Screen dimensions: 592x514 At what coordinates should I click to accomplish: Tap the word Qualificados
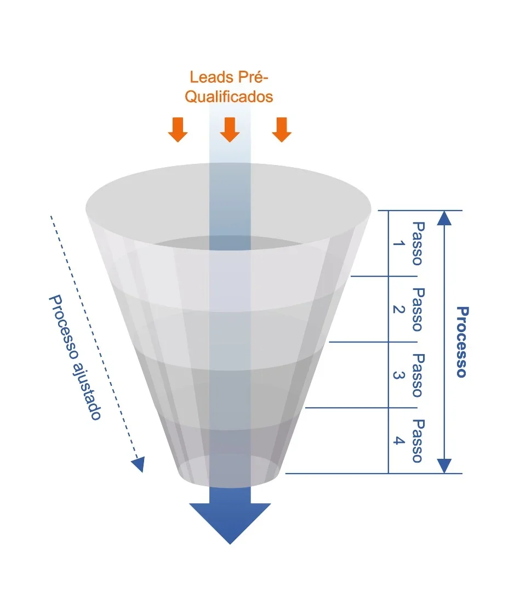[x=229, y=97]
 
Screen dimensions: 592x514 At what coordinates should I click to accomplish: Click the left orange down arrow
[x=178, y=130]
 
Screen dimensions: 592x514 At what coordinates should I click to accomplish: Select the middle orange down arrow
[x=230, y=130]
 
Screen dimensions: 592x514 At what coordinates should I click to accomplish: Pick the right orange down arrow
[x=282, y=130]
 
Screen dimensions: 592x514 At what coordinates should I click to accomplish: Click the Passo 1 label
[x=410, y=243]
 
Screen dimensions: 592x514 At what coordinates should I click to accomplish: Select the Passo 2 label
[x=410, y=309]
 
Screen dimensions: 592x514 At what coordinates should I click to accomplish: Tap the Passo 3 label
[x=410, y=375]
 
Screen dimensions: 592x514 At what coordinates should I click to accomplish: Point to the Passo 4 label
[x=410, y=441]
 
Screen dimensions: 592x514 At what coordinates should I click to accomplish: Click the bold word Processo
[x=462, y=342]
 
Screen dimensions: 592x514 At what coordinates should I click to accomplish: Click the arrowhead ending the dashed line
[x=139, y=464]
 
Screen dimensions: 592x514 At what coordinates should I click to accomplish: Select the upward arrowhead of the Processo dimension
[x=445, y=218]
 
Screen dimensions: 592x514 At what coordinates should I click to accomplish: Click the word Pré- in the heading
[x=255, y=77]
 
